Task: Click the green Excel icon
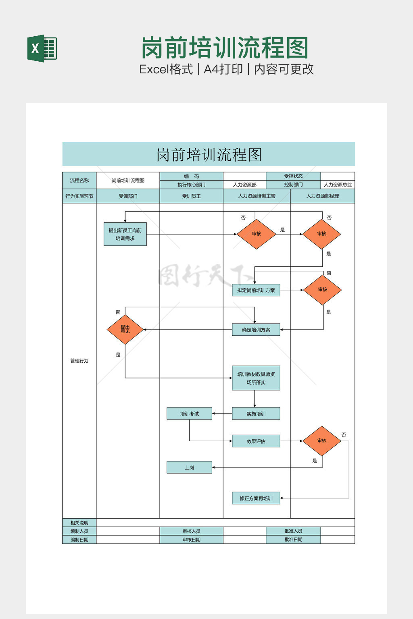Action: [x=42, y=48]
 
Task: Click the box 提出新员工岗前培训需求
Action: [x=125, y=234]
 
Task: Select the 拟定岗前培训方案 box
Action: [x=256, y=290]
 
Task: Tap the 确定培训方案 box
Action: [x=256, y=330]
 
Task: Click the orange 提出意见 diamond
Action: [x=125, y=330]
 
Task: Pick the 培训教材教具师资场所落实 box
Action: [x=256, y=378]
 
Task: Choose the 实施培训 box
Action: [x=256, y=413]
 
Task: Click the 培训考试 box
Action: [x=189, y=413]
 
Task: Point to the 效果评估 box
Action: [x=256, y=441]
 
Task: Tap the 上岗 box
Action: [x=189, y=467]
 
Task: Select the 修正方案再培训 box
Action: [x=256, y=498]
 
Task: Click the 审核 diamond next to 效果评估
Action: [x=322, y=441]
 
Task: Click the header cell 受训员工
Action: [x=191, y=196]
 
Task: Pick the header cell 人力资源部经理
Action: [x=322, y=196]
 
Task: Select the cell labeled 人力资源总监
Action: [x=338, y=185]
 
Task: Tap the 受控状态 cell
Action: [x=293, y=176]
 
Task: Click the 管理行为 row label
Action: [x=79, y=361]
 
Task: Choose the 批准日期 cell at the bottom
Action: [x=293, y=540]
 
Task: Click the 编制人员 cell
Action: [x=79, y=531]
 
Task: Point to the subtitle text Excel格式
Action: [x=166, y=69]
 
